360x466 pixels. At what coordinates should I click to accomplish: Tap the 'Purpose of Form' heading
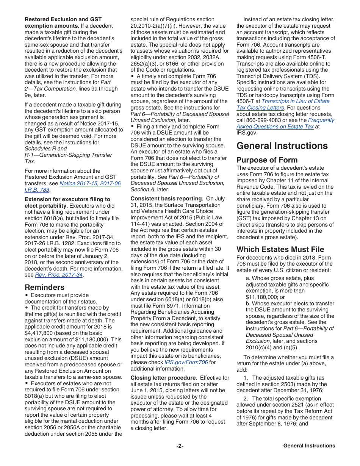267,160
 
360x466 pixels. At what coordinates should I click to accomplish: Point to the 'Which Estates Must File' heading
280,249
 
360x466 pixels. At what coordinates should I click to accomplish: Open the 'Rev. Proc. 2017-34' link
59,275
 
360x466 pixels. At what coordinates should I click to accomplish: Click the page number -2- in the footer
180,446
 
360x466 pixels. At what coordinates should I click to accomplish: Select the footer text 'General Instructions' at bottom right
309,446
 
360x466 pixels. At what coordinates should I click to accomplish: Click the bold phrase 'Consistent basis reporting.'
167,199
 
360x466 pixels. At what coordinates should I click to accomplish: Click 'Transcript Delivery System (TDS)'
282,76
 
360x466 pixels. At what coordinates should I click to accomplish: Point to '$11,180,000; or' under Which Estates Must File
265,297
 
